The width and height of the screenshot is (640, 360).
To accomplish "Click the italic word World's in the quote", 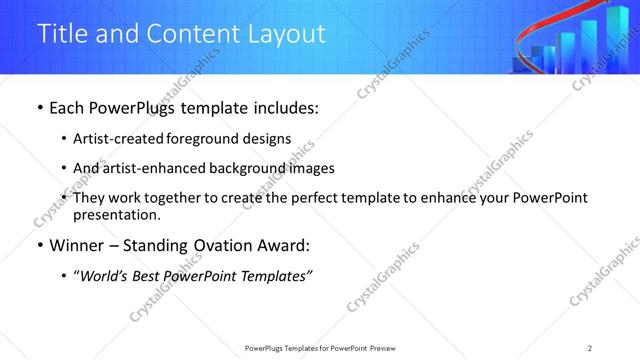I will tap(107, 276).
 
